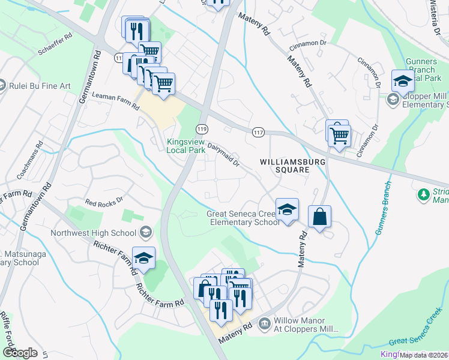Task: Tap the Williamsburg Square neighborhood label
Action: pyautogui.click(x=285, y=166)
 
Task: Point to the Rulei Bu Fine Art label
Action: pyautogui.click(x=40, y=86)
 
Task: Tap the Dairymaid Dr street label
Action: pyautogui.click(x=223, y=154)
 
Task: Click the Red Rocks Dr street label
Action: pyautogui.click(x=103, y=201)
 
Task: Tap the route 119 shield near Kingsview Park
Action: pyautogui.click(x=202, y=129)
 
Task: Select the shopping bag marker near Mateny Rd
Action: pyautogui.click(x=320, y=217)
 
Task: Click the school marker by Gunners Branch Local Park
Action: pyautogui.click(x=403, y=81)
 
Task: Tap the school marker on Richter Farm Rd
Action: pyautogui.click(x=143, y=258)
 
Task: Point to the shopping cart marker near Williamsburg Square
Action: pyautogui.click(x=340, y=134)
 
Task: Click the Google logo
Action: pyautogui.click(x=20, y=352)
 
